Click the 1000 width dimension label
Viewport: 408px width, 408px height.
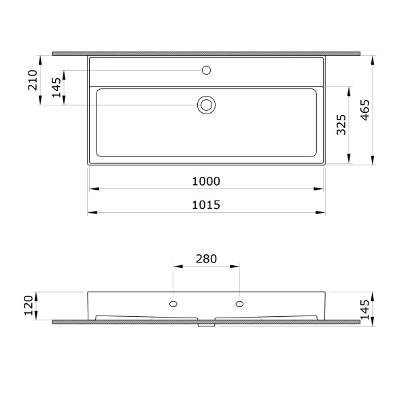click(x=206, y=182)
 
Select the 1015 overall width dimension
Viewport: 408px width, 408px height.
click(x=206, y=205)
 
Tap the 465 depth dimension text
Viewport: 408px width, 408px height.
click(x=364, y=110)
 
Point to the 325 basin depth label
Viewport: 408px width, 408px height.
click(x=341, y=124)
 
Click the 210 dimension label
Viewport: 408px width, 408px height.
click(x=33, y=80)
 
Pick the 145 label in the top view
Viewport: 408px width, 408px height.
click(x=56, y=88)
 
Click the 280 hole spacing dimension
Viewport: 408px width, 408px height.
click(x=206, y=259)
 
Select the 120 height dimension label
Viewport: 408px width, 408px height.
click(x=29, y=305)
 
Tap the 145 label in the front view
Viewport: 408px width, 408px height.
click(x=364, y=309)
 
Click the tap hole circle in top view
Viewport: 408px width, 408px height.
click(x=206, y=70)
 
